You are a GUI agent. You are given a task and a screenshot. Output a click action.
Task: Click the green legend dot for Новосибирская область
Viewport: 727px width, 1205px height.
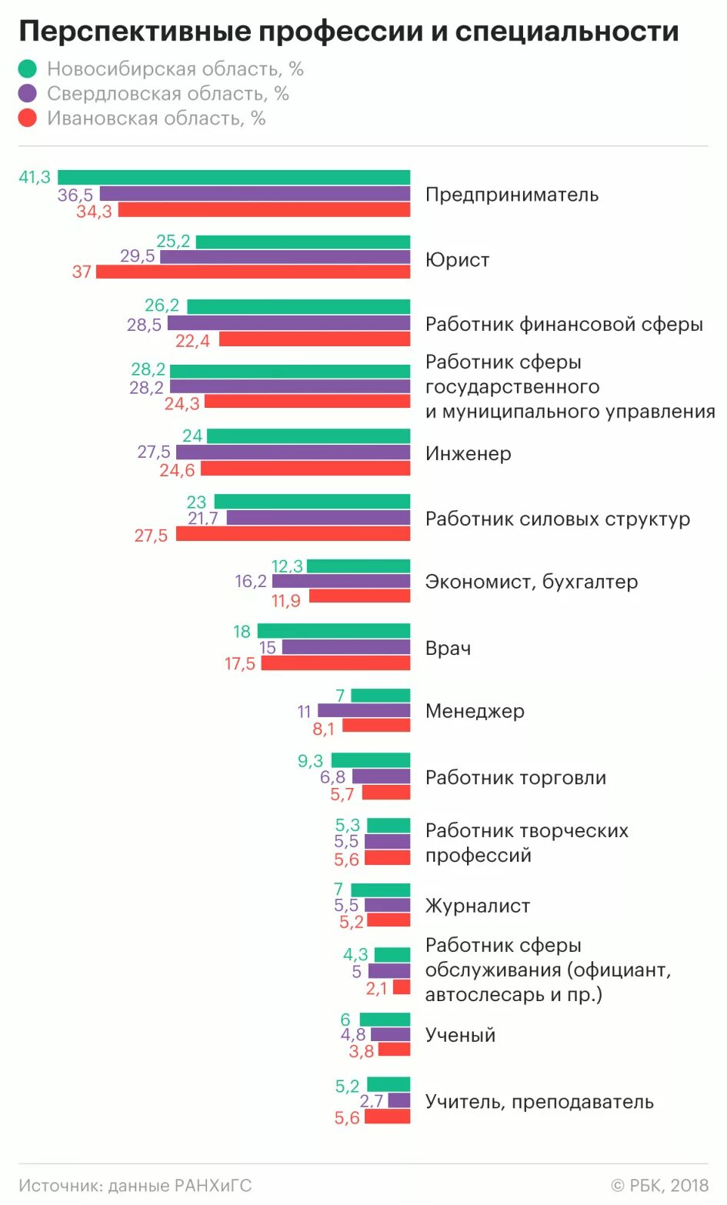tap(28, 69)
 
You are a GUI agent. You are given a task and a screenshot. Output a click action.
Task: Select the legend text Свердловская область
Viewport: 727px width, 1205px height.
tap(168, 94)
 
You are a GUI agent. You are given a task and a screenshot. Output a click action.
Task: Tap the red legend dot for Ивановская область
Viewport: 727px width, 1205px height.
tap(28, 118)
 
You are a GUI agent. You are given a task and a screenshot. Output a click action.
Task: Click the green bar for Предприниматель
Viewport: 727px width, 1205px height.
tap(234, 178)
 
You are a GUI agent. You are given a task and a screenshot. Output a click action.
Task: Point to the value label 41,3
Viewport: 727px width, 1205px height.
tap(35, 178)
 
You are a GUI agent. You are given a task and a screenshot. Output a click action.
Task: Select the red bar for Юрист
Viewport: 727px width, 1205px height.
tap(253, 272)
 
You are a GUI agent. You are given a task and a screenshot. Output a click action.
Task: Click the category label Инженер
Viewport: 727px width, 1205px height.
tap(468, 454)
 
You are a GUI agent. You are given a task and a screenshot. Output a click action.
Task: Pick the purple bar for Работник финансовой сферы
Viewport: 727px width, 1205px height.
tap(288, 323)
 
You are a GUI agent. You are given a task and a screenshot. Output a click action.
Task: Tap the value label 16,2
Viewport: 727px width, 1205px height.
tap(251, 582)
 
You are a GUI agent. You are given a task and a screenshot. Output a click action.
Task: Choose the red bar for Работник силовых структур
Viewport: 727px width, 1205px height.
tap(293, 534)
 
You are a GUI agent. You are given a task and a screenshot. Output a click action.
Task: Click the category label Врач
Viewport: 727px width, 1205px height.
tap(448, 648)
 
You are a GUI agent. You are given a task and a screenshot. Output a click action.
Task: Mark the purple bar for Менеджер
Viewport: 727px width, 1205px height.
tap(364, 711)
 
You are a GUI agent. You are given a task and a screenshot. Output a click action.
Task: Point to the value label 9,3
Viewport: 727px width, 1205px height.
tap(310, 761)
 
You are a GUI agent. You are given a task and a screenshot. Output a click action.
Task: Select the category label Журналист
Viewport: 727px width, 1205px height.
tap(477, 906)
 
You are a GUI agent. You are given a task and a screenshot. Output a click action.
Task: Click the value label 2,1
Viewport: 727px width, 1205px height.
tap(376, 988)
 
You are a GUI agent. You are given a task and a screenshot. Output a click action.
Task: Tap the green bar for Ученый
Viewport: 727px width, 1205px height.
tap(385, 1020)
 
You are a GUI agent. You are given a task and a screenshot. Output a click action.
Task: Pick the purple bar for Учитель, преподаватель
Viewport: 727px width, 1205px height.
tap(399, 1100)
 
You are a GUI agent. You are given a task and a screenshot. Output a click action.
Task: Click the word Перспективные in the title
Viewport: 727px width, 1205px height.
tap(135, 32)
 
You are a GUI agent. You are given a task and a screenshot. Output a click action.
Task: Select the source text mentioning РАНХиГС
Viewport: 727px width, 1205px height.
tap(135, 1186)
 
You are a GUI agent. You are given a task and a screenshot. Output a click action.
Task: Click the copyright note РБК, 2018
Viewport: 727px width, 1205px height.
tap(659, 1186)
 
